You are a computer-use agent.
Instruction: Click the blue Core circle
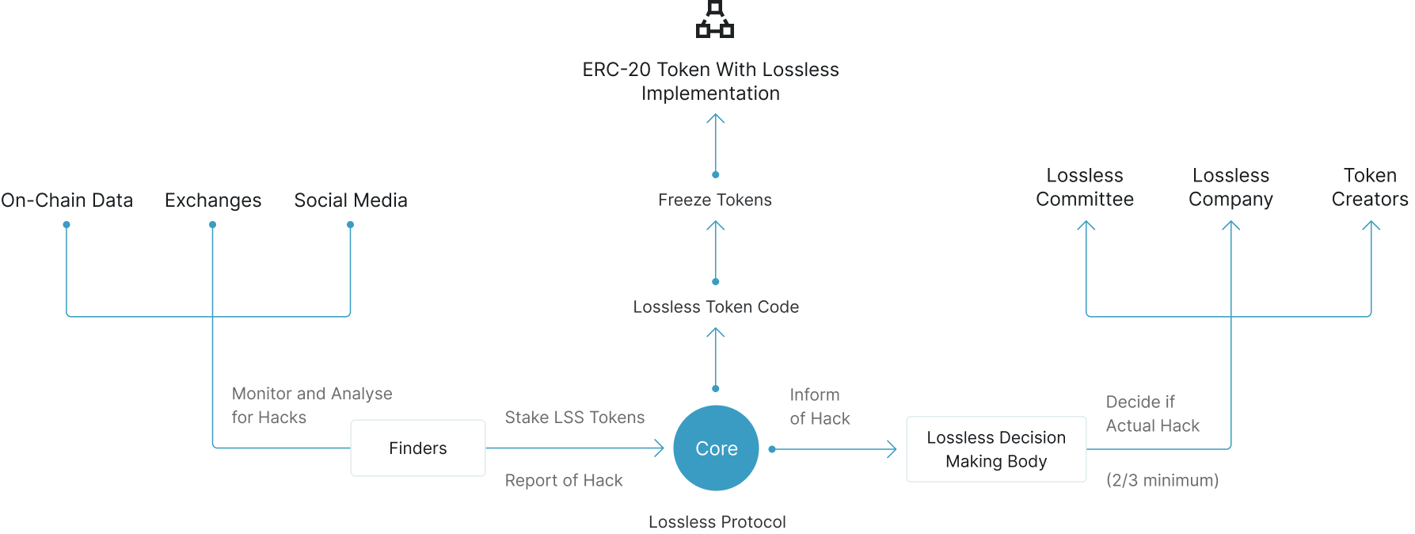[716, 448]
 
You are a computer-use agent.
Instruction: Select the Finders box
[418, 448]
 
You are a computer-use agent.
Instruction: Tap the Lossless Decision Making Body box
[996, 449]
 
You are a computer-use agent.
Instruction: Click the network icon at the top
[715, 19]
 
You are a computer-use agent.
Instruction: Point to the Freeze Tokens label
[715, 200]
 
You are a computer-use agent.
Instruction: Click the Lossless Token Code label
[716, 307]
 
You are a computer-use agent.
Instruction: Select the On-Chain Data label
[67, 200]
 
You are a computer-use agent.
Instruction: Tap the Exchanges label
[213, 200]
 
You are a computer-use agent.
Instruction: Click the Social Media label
[351, 200]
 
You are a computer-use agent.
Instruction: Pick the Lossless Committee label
[1085, 187]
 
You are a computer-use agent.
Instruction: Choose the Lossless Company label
[1231, 188]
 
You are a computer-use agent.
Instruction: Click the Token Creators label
[1370, 187]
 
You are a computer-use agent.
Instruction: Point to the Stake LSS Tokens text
[575, 418]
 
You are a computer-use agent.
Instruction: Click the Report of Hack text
[564, 480]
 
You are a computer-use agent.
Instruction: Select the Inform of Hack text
[820, 406]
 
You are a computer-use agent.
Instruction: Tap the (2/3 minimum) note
[1162, 480]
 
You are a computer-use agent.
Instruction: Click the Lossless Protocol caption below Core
[717, 522]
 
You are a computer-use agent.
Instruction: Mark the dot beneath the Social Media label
[350, 225]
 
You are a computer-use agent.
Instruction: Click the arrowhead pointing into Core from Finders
[659, 448]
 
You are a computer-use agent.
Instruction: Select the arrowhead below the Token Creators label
[1371, 225]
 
